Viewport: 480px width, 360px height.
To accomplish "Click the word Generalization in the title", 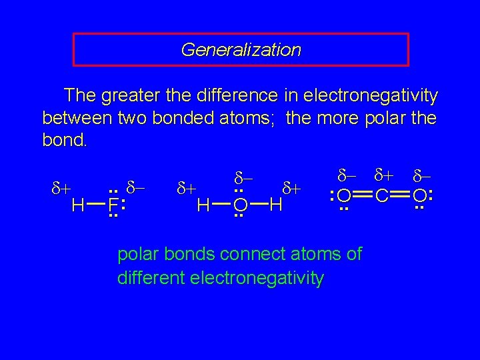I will [241, 50].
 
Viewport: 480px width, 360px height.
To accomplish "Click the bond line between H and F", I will [95, 205].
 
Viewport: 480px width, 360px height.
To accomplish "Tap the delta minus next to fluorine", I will [136, 188].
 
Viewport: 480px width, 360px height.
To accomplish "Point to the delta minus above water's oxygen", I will [243, 179].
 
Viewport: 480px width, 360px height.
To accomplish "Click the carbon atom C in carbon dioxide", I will [383, 197].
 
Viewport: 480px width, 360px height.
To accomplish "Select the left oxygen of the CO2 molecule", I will [345, 197].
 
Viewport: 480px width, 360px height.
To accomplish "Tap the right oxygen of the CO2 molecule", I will [420, 197].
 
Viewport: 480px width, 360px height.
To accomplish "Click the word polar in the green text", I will [137, 254].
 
